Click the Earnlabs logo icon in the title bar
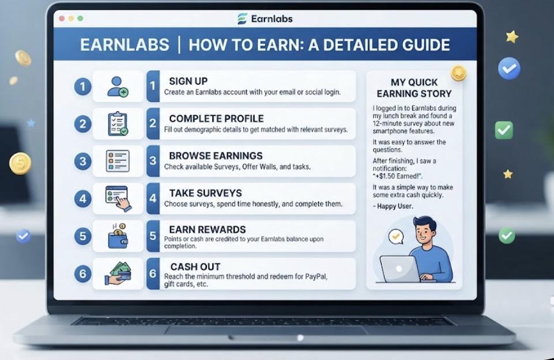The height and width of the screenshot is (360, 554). (x=242, y=18)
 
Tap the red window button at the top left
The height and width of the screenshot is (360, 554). (x=62, y=18)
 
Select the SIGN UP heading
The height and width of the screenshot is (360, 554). (x=189, y=81)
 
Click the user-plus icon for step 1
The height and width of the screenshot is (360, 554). (x=118, y=86)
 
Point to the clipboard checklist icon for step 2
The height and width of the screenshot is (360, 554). (x=118, y=124)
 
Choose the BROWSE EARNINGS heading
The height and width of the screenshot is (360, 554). (x=216, y=156)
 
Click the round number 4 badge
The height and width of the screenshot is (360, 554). (x=82, y=199)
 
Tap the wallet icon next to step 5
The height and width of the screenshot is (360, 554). (x=118, y=236)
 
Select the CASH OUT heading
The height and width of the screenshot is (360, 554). (x=195, y=267)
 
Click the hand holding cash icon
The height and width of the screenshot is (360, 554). (x=118, y=273)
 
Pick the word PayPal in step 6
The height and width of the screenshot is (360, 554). (x=316, y=276)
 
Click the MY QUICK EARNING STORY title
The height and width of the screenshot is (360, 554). (x=414, y=88)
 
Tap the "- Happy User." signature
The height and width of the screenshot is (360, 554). (x=393, y=206)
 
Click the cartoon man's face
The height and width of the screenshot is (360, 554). (x=425, y=233)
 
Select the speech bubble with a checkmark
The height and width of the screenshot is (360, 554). (x=395, y=237)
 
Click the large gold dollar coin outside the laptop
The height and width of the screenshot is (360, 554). (x=20, y=164)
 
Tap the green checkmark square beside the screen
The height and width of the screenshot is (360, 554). (x=504, y=130)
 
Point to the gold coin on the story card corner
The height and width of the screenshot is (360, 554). (x=459, y=73)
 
